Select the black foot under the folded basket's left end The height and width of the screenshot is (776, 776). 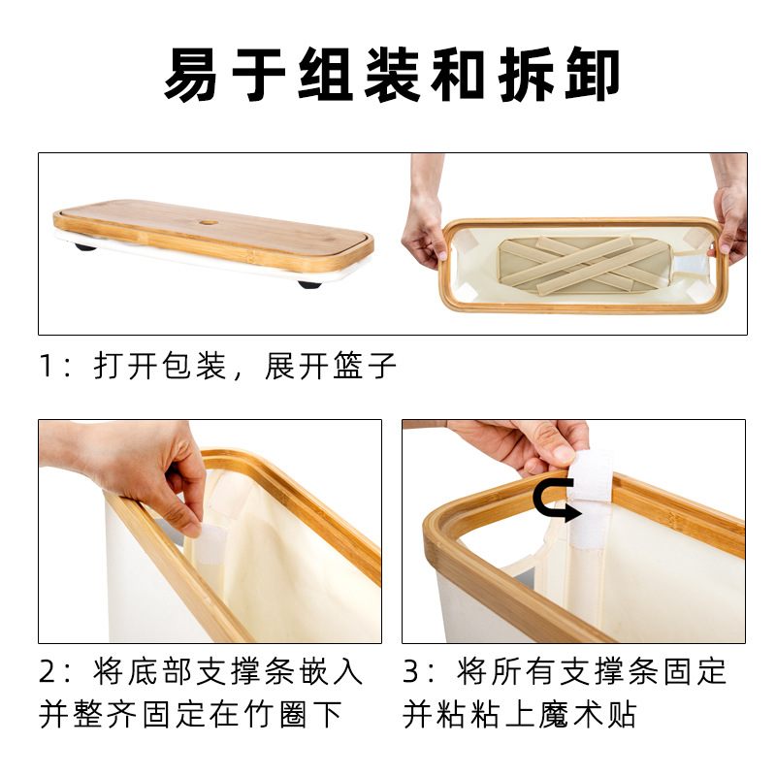[86, 246]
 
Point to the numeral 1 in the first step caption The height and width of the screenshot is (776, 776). [48, 367]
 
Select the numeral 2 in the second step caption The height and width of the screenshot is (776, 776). [49, 671]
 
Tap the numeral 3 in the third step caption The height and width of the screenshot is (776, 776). [412, 671]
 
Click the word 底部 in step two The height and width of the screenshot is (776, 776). [160, 671]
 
